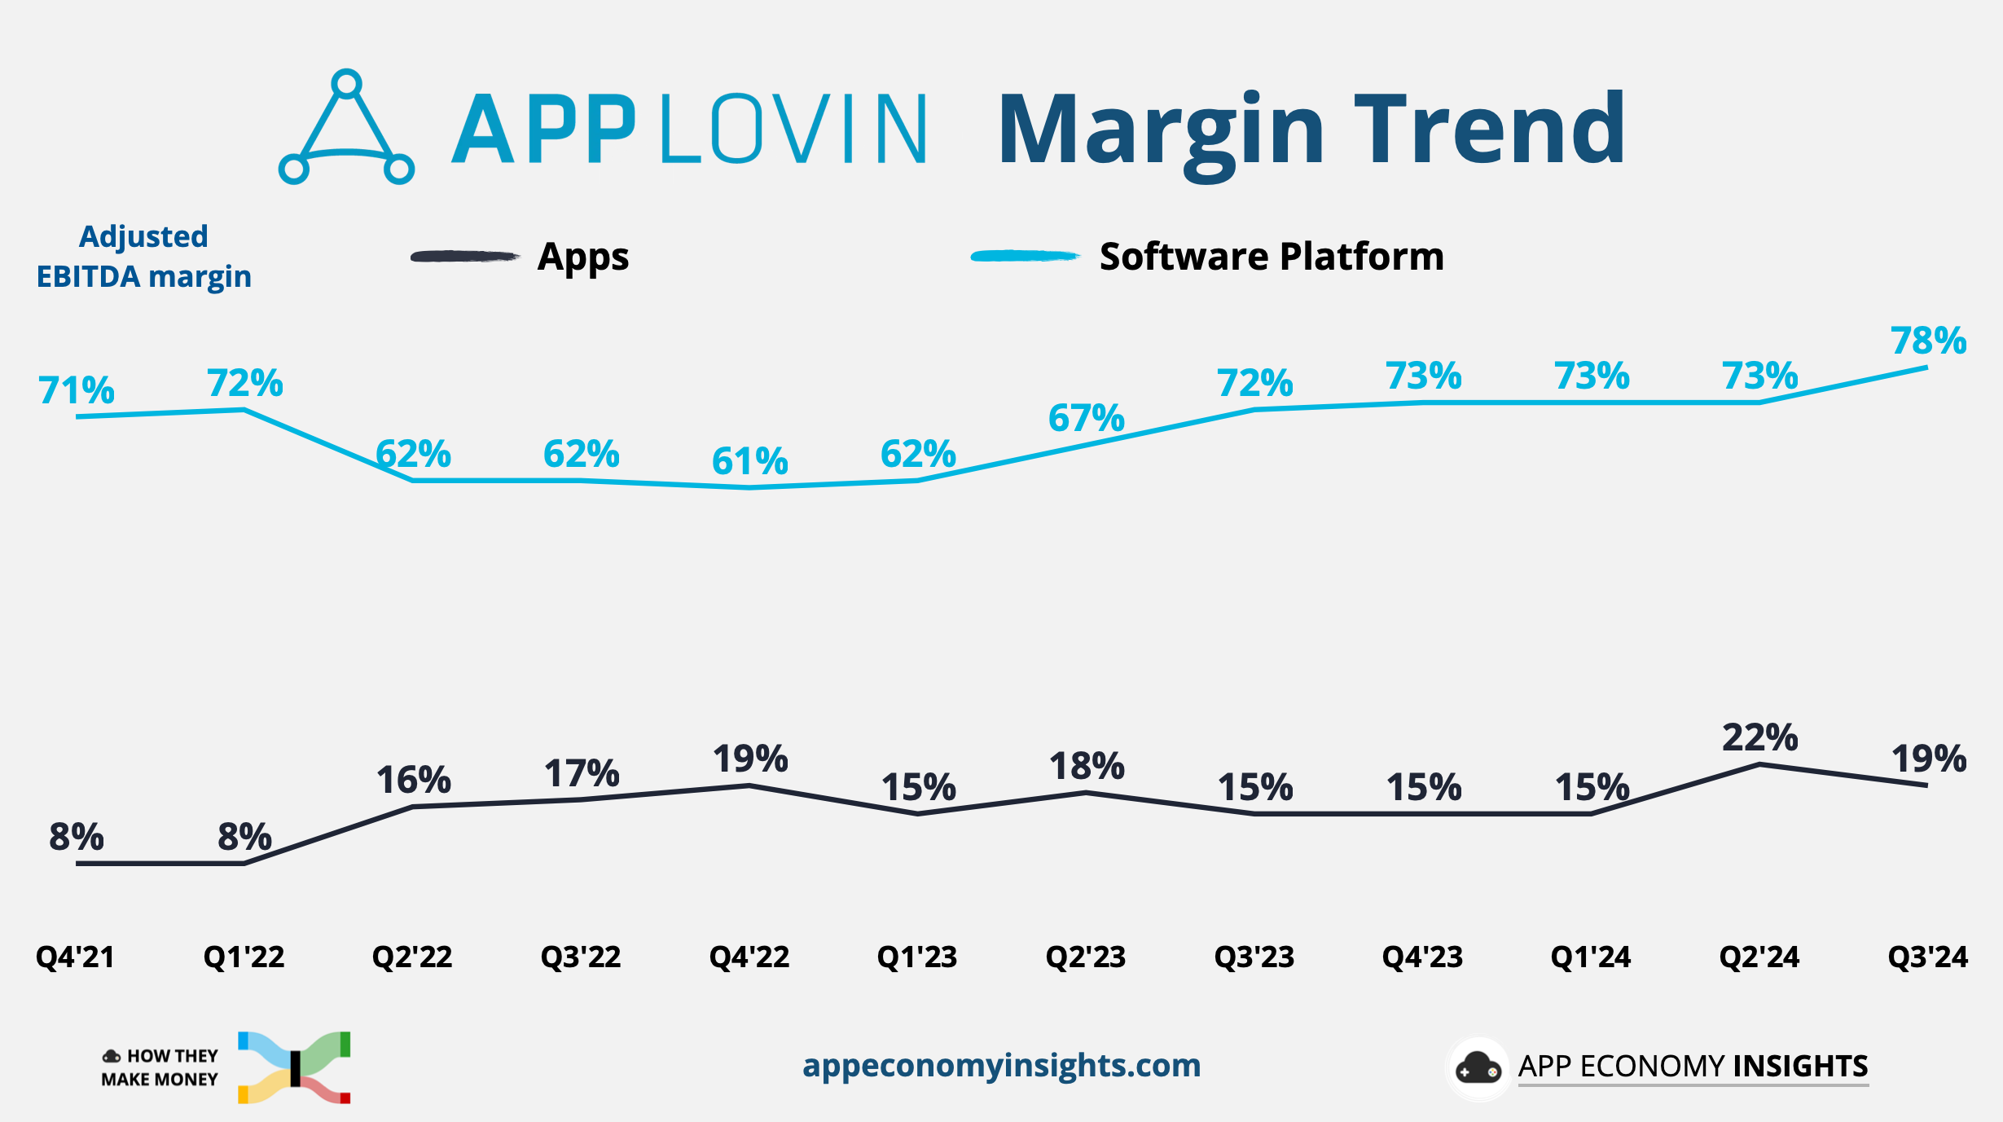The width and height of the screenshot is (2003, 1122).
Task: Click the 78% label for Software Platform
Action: (1927, 341)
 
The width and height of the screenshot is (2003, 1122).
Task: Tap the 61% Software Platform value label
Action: (749, 461)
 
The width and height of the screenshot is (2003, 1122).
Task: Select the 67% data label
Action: (1086, 418)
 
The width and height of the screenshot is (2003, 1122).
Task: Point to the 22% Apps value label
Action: (1759, 738)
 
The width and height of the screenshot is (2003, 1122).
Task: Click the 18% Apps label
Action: (1086, 767)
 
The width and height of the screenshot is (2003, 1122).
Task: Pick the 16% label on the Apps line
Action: (413, 781)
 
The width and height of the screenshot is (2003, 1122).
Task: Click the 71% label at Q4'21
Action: (76, 390)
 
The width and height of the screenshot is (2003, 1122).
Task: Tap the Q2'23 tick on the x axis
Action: (1086, 957)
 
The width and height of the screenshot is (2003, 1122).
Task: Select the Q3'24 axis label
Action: (1927, 957)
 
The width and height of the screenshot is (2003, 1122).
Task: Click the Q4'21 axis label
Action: (76, 957)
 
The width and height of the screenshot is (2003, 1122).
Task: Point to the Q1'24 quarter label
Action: (1591, 957)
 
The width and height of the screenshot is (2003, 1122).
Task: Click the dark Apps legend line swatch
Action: (464, 257)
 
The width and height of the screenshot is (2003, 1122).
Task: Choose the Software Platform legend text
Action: (1271, 257)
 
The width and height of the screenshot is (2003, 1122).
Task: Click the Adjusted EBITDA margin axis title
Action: (144, 257)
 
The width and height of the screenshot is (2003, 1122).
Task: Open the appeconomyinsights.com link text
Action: (1001, 1066)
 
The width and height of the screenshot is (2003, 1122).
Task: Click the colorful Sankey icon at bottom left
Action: (295, 1067)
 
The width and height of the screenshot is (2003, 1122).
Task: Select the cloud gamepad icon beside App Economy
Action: (1478, 1068)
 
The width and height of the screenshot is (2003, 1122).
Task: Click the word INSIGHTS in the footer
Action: (1800, 1066)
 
